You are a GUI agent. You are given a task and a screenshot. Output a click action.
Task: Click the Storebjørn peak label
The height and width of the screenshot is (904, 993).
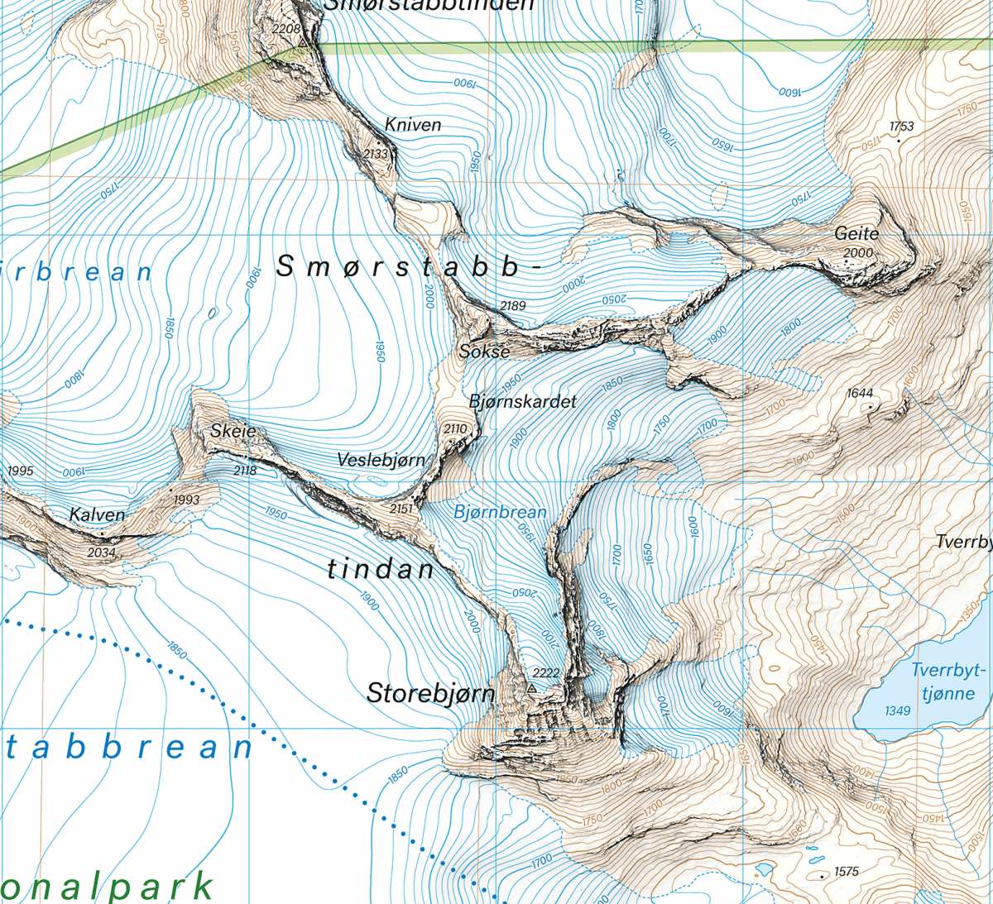(x=430, y=693)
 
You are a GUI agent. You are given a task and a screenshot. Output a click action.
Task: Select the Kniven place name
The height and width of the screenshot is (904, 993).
(x=413, y=125)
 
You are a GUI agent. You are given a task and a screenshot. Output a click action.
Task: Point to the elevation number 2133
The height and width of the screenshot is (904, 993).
(x=377, y=154)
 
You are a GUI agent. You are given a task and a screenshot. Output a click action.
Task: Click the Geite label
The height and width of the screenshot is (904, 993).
(x=856, y=234)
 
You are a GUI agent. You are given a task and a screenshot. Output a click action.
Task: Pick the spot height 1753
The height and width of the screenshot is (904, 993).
(x=901, y=127)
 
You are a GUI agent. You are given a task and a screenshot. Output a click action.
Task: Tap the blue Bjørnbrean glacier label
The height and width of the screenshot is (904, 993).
(x=500, y=513)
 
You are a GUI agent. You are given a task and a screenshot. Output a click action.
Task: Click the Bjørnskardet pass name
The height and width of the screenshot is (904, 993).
(x=522, y=401)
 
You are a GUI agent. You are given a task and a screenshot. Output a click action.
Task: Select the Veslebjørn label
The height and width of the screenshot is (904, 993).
(x=381, y=460)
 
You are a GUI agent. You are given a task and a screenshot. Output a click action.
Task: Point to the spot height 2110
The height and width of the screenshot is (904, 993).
(x=455, y=429)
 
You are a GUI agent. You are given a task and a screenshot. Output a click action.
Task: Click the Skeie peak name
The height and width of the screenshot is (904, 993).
(x=233, y=431)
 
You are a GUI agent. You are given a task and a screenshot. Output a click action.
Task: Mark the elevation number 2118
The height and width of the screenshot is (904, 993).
(x=245, y=471)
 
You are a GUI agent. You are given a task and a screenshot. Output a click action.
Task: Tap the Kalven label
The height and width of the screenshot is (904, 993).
(x=97, y=515)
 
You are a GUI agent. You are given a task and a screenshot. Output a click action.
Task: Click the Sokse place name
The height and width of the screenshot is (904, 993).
(x=484, y=352)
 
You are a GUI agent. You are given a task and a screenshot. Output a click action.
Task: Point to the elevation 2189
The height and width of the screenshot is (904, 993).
(x=513, y=306)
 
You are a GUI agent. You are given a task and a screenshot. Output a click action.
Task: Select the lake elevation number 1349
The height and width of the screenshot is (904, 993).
(x=897, y=710)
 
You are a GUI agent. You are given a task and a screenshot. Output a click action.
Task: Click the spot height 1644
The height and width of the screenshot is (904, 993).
(x=860, y=394)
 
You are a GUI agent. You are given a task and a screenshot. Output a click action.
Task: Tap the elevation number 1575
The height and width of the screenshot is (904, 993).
(x=847, y=872)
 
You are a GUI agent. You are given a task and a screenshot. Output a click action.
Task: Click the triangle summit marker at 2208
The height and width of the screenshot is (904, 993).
(x=304, y=41)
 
